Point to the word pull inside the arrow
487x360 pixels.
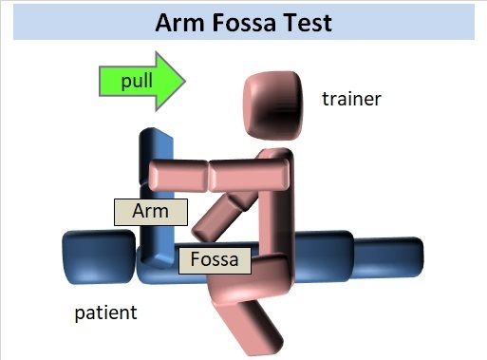(x=136, y=80)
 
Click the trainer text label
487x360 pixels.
(x=351, y=98)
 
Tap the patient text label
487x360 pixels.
(x=106, y=312)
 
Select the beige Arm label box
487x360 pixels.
(x=150, y=212)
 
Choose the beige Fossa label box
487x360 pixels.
(x=215, y=258)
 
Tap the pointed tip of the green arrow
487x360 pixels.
(x=184, y=80)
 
